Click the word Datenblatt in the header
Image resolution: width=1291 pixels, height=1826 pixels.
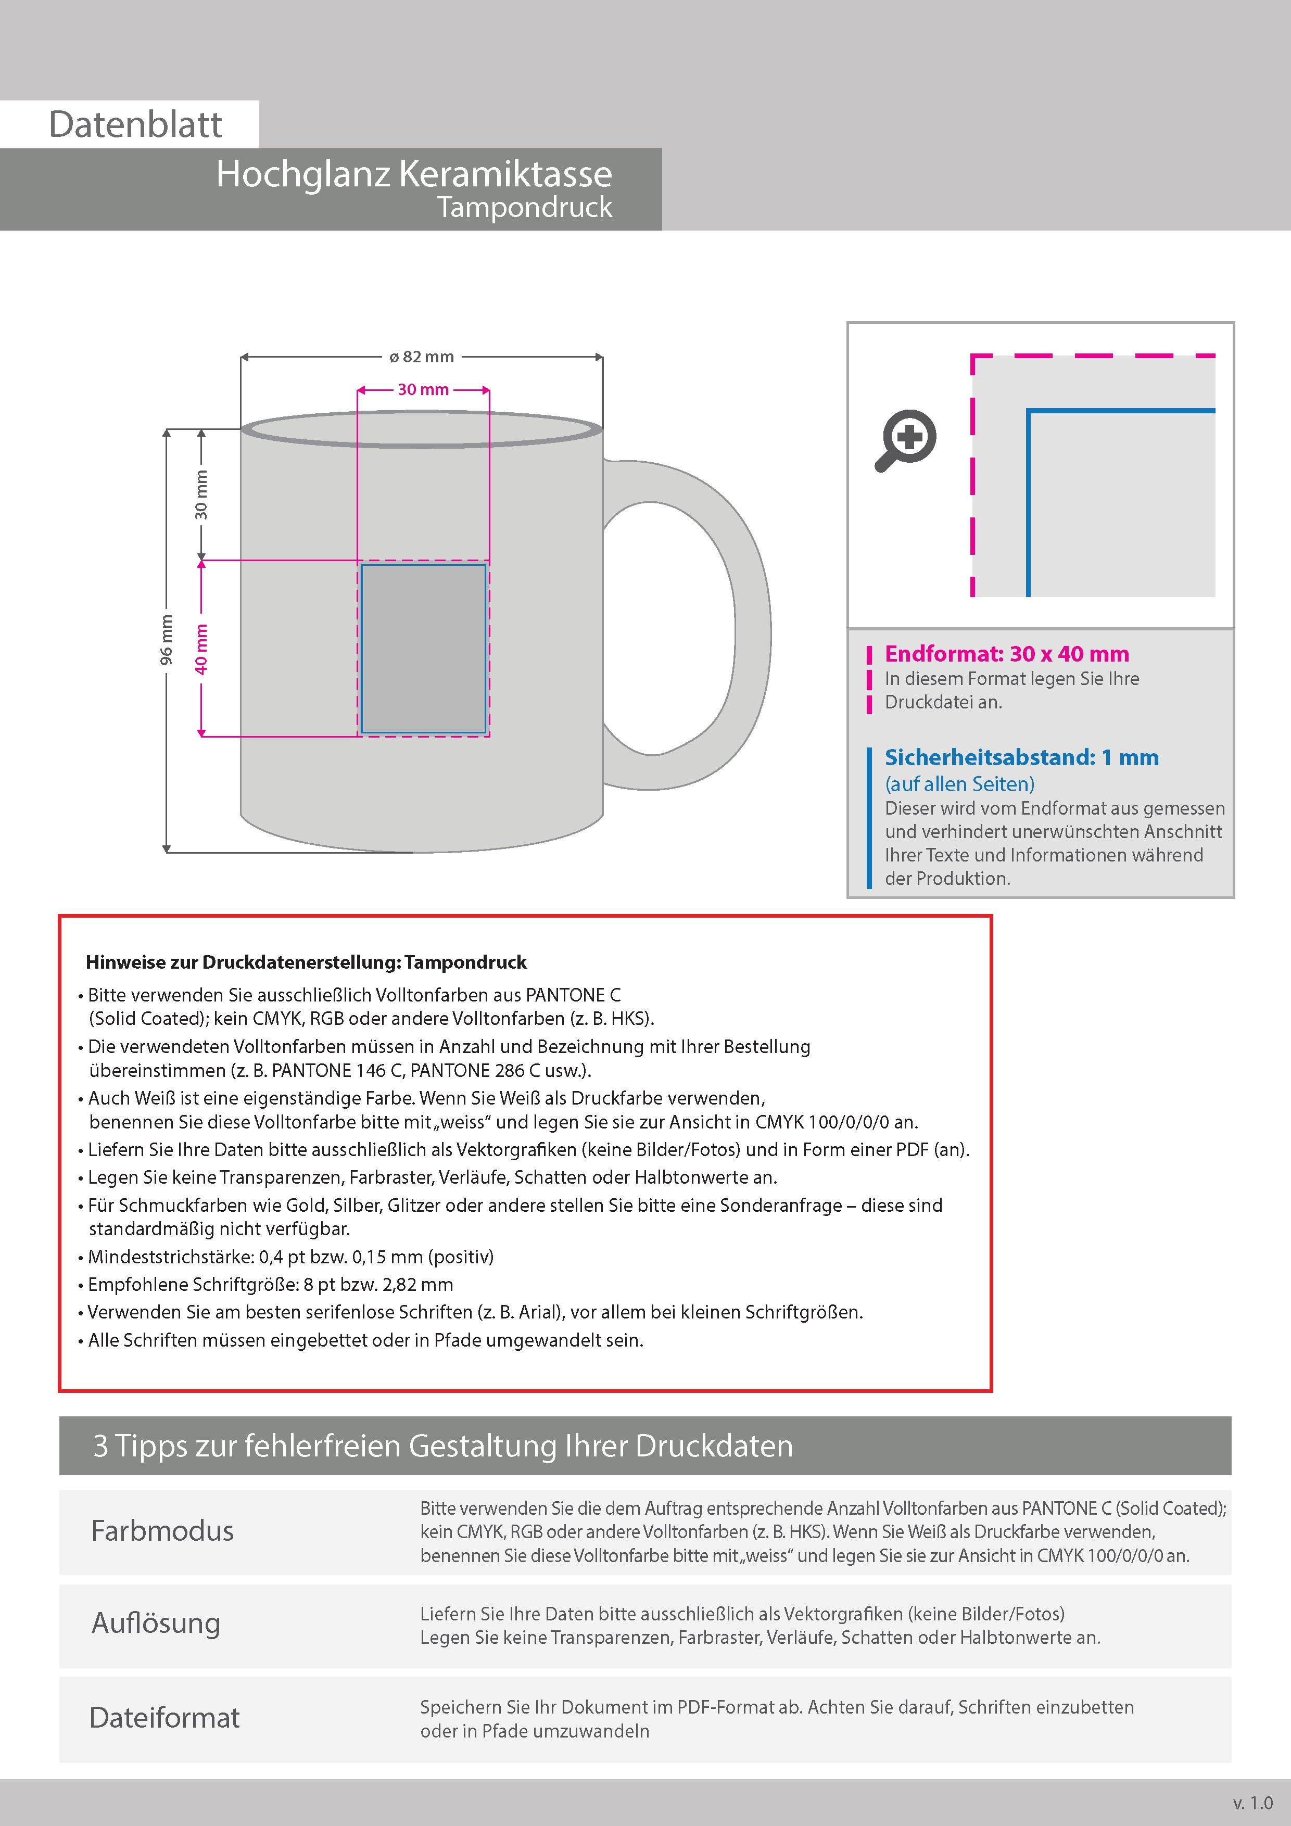(x=135, y=125)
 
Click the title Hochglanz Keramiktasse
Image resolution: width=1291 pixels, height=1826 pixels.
(x=414, y=173)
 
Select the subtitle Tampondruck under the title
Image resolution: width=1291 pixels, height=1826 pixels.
(x=525, y=208)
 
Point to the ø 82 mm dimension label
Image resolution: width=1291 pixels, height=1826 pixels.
(x=422, y=357)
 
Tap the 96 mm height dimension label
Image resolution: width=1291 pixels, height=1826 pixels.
(x=166, y=639)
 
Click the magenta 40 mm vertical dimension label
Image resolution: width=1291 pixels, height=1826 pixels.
(x=201, y=648)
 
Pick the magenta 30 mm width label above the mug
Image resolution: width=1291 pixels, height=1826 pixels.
(x=423, y=390)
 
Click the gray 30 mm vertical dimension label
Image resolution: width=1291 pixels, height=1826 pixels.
(x=201, y=494)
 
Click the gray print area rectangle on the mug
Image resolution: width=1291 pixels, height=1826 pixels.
(x=423, y=648)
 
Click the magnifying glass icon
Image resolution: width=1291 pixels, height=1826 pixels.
(x=907, y=440)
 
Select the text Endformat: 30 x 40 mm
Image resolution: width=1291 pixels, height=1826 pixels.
(x=1006, y=654)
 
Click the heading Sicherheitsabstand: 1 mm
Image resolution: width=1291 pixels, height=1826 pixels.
(x=1021, y=757)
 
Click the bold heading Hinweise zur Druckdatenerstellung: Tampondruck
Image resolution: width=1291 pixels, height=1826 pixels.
(x=306, y=962)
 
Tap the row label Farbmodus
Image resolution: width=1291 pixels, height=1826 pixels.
(x=162, y=1531)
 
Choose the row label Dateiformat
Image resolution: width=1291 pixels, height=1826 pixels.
(x=164, y=1717)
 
